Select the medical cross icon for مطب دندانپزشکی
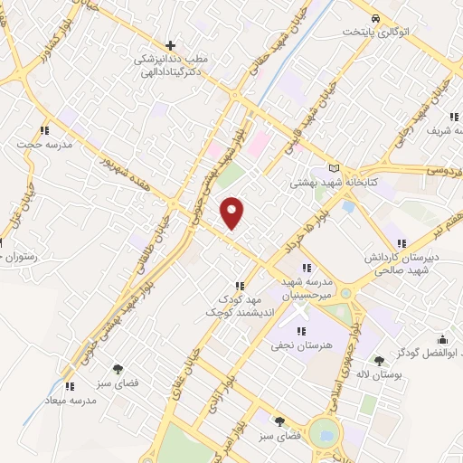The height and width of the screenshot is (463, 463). (170, 44)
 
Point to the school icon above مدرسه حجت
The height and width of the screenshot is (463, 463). (45, 130)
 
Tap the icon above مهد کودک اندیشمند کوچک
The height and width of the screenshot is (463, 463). (239, 286)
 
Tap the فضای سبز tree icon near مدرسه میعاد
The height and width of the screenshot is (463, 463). (118, 369)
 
